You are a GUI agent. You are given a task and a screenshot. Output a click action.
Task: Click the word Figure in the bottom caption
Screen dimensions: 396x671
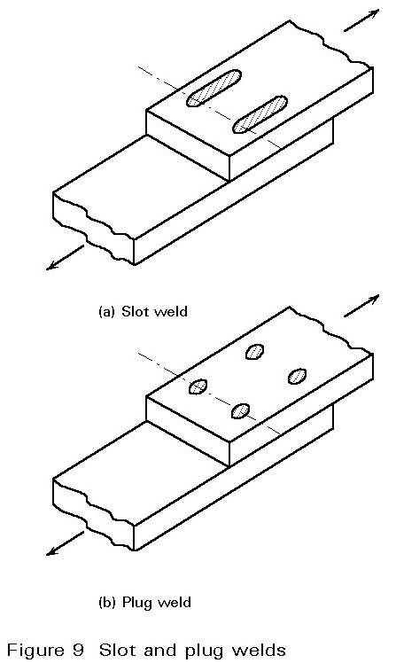tap(36, 651)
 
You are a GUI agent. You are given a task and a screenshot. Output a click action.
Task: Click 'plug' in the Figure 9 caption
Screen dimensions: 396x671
tap(205, 652)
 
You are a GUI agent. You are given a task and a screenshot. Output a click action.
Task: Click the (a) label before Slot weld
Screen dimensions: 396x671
tap(107, 311)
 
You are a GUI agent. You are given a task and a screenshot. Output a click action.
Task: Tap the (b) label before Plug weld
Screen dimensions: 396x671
tap(107, 603)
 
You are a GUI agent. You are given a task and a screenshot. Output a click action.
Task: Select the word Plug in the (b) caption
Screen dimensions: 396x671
tap(137, 604)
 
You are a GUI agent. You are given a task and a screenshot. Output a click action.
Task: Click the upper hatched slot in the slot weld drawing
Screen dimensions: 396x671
tap(214, 88)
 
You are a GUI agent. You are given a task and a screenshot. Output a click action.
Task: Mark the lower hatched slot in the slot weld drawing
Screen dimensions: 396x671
tap(260, 114)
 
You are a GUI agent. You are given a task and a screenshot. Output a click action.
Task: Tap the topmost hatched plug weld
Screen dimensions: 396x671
tap(254, 352)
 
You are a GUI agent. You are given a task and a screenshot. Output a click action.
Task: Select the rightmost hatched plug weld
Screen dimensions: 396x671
tap(297, 376)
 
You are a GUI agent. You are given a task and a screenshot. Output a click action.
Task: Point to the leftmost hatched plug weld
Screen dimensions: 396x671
tap(198, 386)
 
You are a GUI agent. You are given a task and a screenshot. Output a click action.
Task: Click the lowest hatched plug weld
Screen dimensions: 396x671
tap(240, 410)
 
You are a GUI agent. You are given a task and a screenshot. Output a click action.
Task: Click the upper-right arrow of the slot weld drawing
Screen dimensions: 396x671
tap(361, 20)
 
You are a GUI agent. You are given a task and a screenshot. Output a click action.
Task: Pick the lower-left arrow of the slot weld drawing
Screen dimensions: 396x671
tap(65, 257)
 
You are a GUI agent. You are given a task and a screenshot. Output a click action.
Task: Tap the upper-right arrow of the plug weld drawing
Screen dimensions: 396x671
tap(361, 306)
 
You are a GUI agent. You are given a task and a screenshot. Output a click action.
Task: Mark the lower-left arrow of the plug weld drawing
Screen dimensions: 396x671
tap(65, 543)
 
